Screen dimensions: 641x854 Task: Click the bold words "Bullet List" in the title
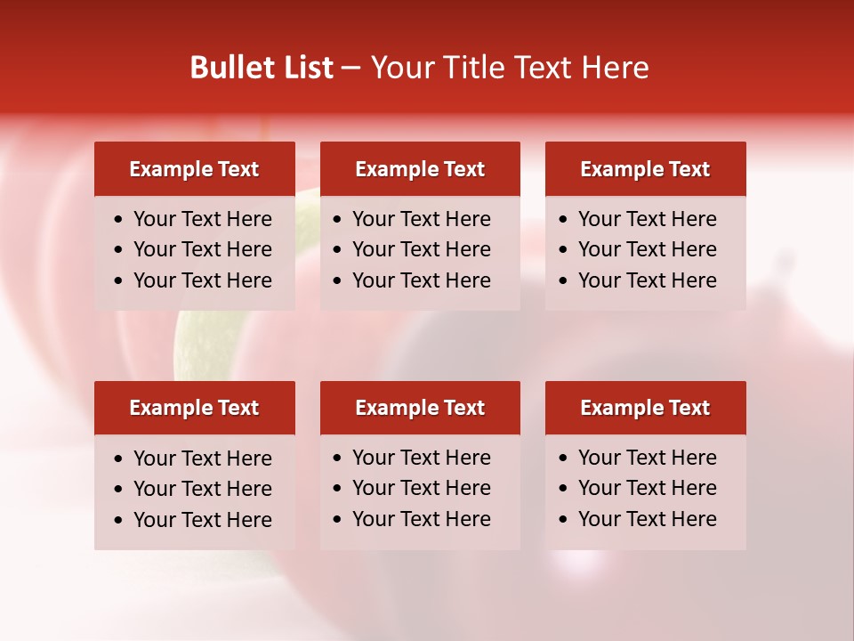tap(262, 68)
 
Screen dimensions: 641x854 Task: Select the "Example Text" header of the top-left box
tap(194, 169)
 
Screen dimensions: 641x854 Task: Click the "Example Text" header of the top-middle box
tap(420, 169)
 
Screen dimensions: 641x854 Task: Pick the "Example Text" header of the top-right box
tap(645, 169)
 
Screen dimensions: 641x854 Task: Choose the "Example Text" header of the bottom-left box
tap(194, 408)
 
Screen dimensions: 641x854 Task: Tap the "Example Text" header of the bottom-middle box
tap(420, 408)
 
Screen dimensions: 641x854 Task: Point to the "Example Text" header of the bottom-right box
tap(645, 408)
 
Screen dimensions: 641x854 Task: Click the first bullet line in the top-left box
tap(202, 219)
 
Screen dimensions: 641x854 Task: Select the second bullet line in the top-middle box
tap(421, 249)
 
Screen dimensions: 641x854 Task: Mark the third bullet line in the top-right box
tap(647, 280)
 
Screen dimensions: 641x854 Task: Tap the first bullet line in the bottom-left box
tap(202, 458)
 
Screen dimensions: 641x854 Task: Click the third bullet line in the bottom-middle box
tap(421, 519)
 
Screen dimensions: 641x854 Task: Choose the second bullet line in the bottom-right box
tap(647, 488)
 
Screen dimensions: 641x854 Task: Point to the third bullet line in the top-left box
tap(202, 280)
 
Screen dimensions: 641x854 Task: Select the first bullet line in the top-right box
tap(647, 219)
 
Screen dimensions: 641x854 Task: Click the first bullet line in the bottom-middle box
tap(421, 458)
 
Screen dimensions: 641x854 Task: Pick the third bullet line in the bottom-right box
tap(647, 519)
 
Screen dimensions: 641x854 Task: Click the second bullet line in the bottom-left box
tap(202, 489)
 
